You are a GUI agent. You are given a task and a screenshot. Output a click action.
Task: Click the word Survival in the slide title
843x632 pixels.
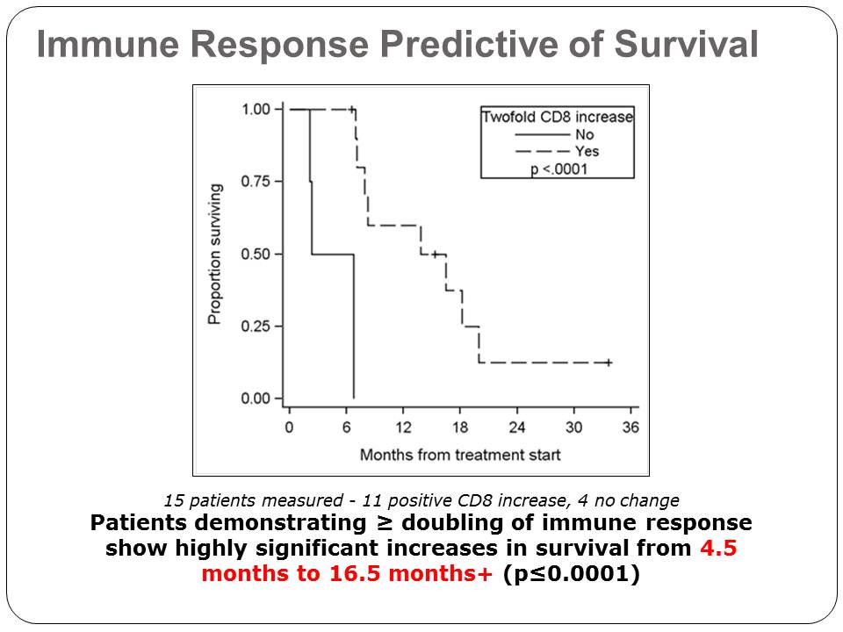686,44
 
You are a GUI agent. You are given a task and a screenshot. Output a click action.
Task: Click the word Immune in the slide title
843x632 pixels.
107,44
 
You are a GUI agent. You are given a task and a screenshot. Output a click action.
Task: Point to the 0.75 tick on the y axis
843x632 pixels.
278,182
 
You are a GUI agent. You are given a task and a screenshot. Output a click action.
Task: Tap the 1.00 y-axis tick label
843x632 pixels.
256,110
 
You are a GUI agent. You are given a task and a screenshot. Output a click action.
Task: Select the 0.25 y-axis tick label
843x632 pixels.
256,327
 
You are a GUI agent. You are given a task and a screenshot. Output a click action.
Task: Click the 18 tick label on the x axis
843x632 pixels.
460,427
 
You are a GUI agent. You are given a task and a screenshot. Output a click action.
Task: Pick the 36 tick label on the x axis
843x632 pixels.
630,427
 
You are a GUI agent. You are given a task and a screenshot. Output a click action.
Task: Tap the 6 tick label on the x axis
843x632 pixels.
346,427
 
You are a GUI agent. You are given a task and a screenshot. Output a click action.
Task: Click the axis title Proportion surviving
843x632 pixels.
214,255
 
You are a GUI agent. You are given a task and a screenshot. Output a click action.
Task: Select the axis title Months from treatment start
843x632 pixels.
460,456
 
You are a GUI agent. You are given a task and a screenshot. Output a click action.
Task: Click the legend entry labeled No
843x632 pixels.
585,134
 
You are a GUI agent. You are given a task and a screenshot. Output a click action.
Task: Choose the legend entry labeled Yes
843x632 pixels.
587,151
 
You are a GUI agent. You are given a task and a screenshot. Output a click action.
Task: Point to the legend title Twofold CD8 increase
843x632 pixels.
558,117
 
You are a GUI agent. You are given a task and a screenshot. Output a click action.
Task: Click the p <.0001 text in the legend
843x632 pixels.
559,169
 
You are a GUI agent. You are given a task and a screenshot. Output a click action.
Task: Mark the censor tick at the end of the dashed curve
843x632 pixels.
608,363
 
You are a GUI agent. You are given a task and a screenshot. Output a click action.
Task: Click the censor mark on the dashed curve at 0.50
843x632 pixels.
435,255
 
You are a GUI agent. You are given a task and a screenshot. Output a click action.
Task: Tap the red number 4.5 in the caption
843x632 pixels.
718,548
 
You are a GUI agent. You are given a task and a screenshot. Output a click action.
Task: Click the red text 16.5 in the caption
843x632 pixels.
355,573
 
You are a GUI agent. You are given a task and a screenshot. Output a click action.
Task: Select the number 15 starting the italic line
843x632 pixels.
174,501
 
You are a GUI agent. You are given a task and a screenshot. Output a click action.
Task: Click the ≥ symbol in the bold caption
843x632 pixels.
385,523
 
